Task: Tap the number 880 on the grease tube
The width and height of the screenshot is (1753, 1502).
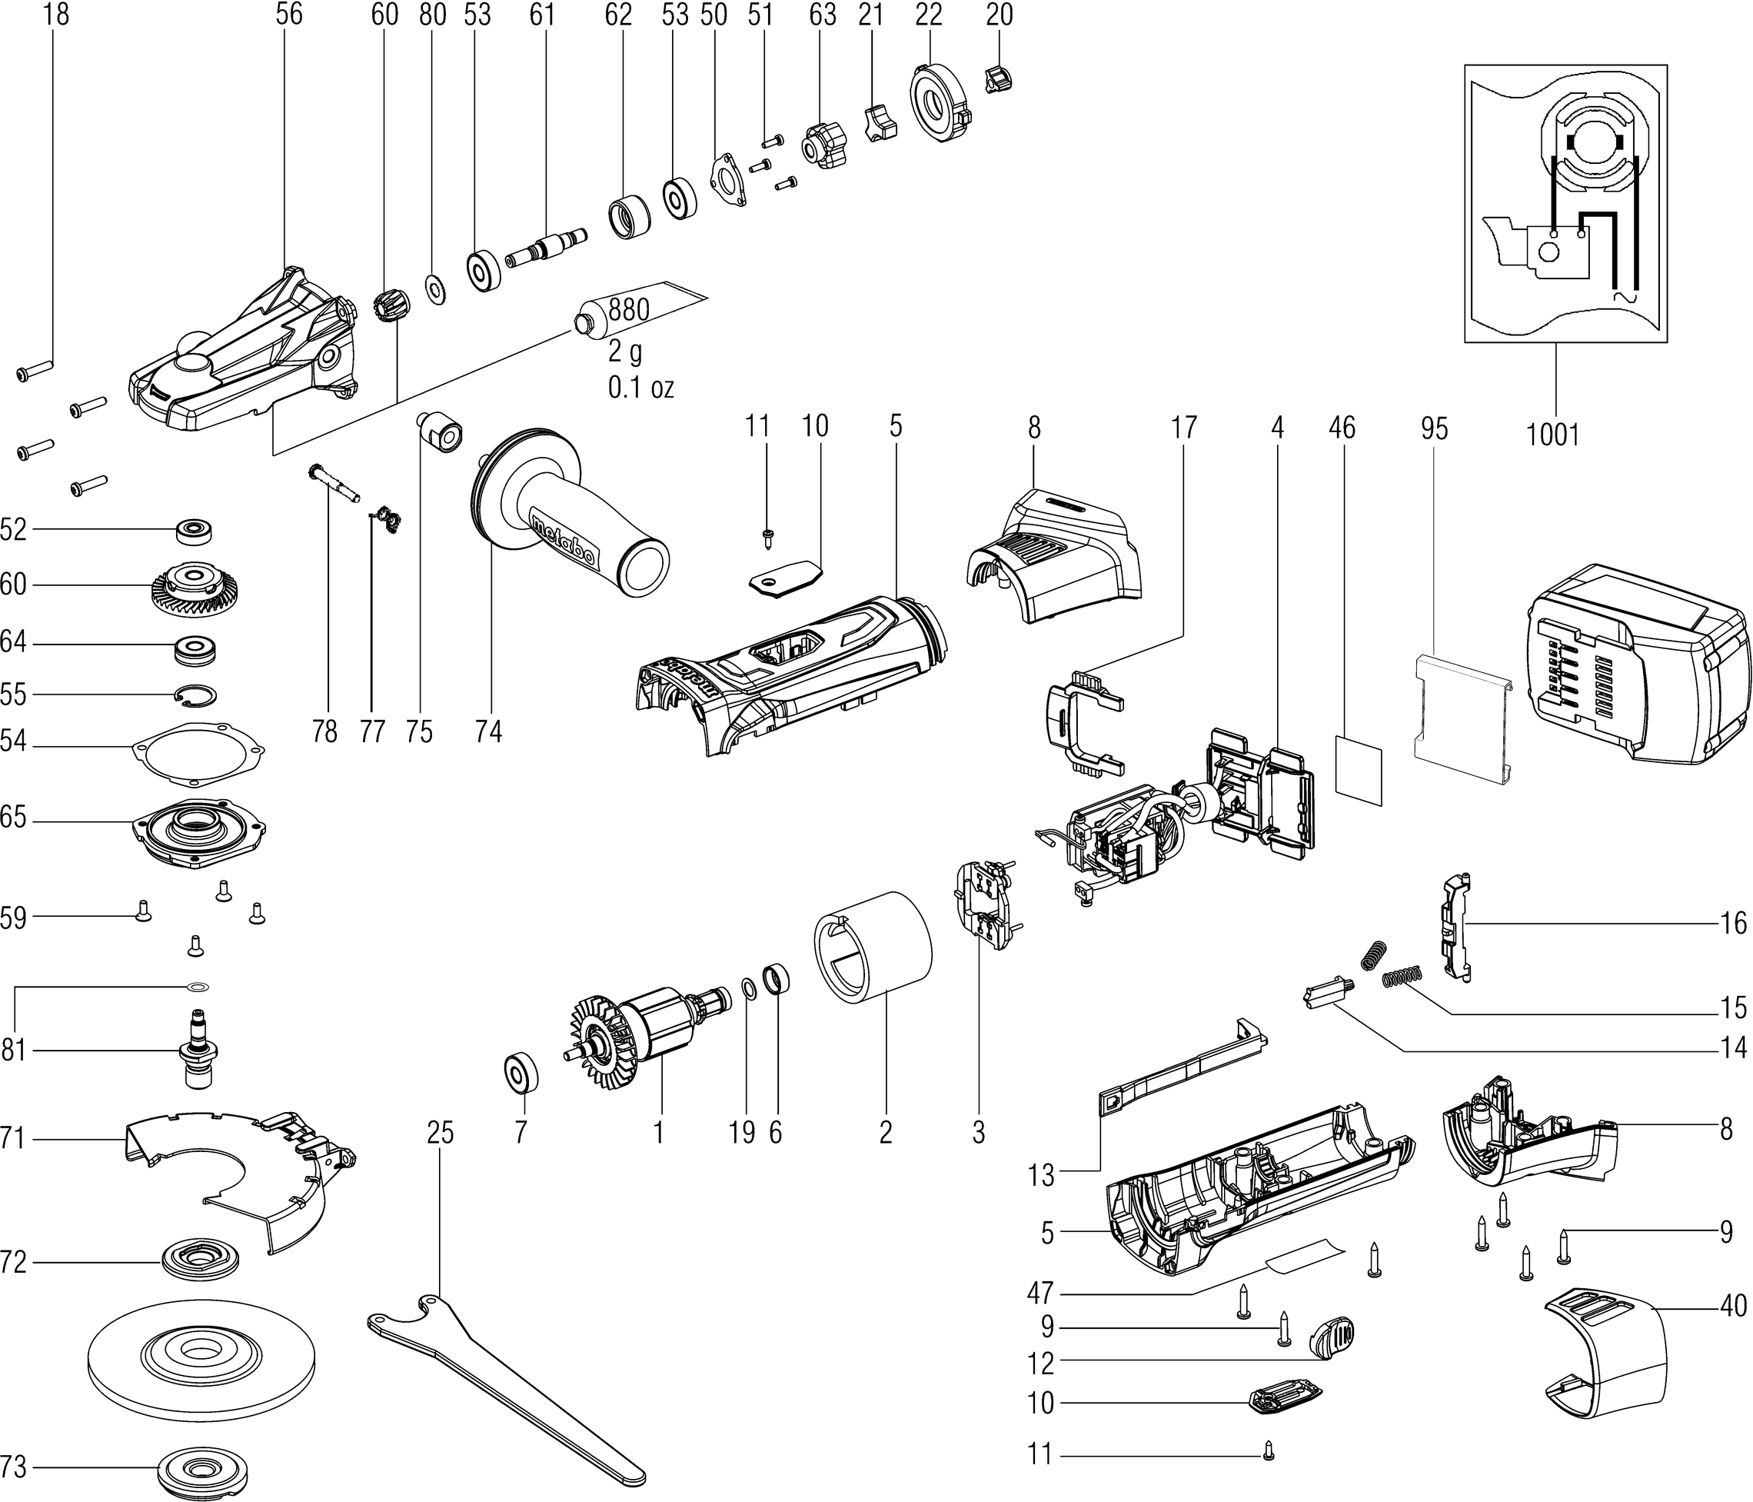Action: pos(629,310)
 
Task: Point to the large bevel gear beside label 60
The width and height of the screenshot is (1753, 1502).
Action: pos(195,586)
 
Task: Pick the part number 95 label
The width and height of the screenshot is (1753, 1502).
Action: pos(1434,429)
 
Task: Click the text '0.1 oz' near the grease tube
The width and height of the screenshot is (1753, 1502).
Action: pos(640,388)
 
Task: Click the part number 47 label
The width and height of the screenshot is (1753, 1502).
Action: pos(1039,1292)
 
